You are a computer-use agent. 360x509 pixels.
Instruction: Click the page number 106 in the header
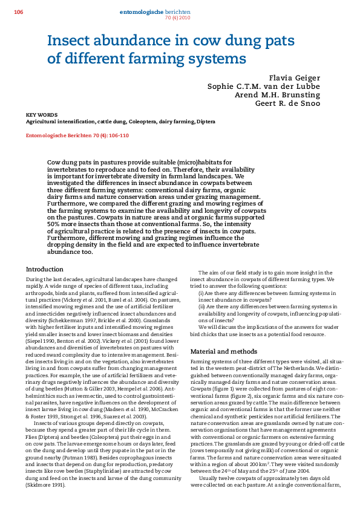(18, 12)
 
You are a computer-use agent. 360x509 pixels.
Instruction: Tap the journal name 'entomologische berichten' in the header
(155, 12)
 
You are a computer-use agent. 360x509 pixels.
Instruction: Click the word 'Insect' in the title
(73, 42)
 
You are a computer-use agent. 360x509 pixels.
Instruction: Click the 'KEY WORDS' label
(41, 114)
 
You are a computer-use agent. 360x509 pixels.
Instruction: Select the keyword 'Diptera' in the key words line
(206, 122)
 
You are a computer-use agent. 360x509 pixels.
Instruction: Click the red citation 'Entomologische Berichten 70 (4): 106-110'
(77, 135)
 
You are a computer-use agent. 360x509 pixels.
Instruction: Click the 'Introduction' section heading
(45, 269)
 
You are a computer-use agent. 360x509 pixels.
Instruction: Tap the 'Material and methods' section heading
(223, 351)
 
